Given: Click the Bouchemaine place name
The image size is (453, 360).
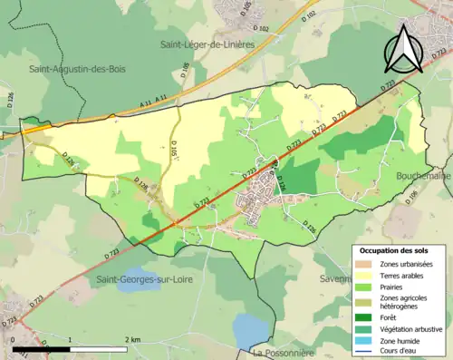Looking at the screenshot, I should [422, 176].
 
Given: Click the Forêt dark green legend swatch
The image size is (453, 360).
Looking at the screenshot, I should [363, 316].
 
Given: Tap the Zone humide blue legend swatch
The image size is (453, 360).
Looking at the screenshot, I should [363, 340].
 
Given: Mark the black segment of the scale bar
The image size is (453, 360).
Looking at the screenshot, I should [42, 347].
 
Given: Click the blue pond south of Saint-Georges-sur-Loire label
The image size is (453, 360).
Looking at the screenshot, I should [251, 327].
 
